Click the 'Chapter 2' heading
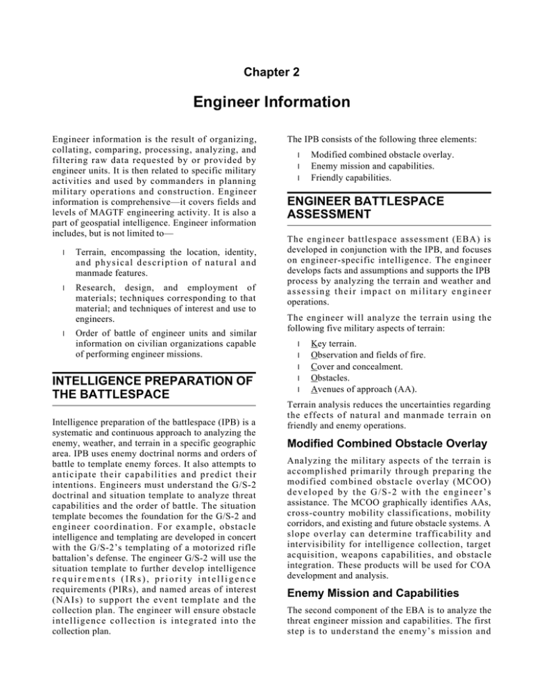pyautogui.click(x=266, y=70)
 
